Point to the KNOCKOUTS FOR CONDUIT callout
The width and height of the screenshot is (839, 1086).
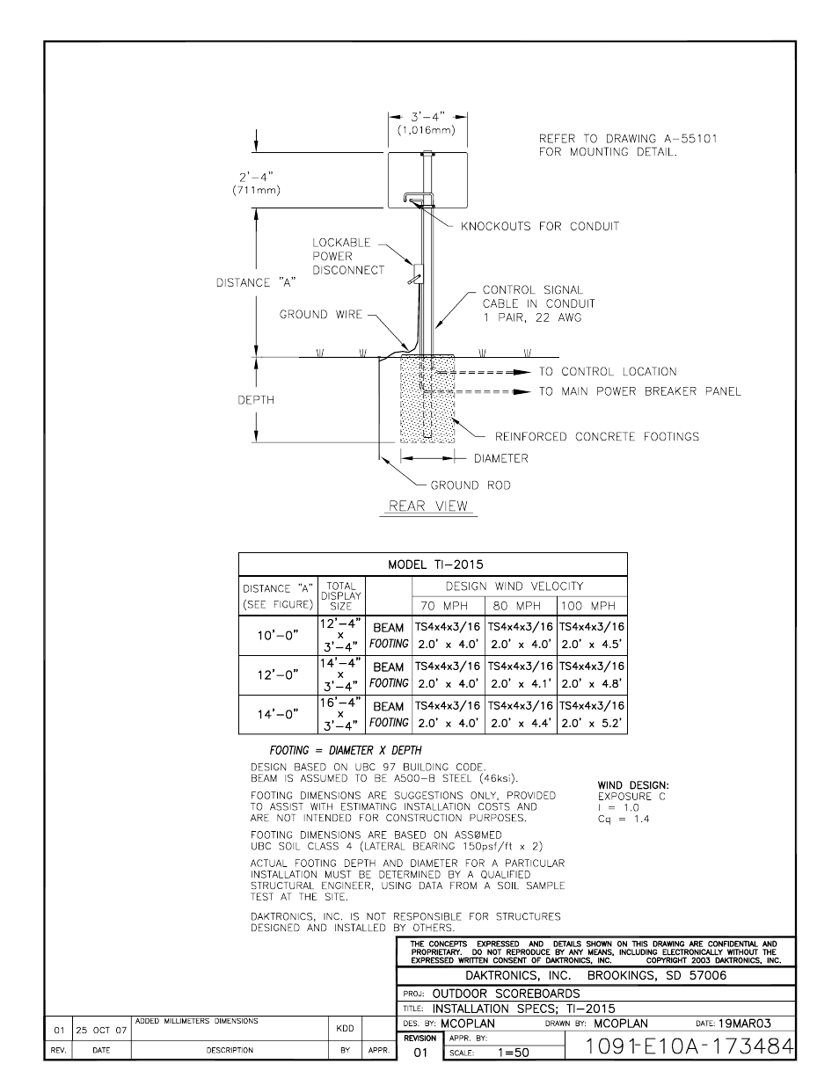coord(539,226)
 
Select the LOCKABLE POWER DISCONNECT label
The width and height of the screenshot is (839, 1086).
coord(348,256)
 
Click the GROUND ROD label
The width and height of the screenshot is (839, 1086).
coord(470,485)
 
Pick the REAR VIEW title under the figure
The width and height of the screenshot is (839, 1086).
coord(429,506)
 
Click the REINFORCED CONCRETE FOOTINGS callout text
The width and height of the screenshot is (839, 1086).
coord(596,436)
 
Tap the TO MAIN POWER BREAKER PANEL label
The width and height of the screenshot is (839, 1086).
coord(639,391)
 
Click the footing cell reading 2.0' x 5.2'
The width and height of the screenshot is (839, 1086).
coord(592,724)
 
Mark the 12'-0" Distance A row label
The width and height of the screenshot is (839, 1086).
coord(278,674)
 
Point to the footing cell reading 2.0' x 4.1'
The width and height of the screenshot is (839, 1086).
coord(520,683)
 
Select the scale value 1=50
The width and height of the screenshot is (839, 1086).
coord(514,1052)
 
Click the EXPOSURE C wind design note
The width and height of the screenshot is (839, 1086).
coord(631,796)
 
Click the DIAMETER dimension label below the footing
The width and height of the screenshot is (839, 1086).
coord(501,458)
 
